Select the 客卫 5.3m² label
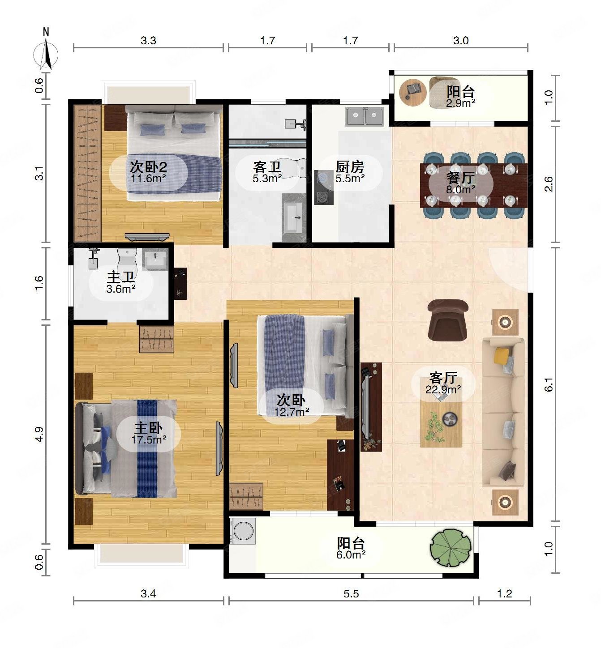pos(267,172)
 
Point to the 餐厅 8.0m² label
pos(460,183)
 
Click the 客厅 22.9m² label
pos(443,383)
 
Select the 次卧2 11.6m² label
pos(148,172)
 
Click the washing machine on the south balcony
pos(242,531)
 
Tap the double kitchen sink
pos(365,117)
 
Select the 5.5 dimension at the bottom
pos(351,594)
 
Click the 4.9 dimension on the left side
pos(39,434)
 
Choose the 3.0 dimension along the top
pos(461,41)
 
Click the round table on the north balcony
pos(413,92)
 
